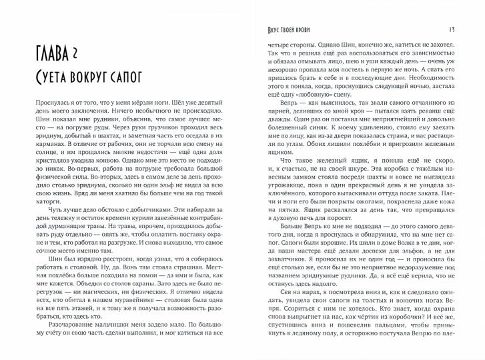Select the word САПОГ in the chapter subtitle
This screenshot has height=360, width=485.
click(143, 78)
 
